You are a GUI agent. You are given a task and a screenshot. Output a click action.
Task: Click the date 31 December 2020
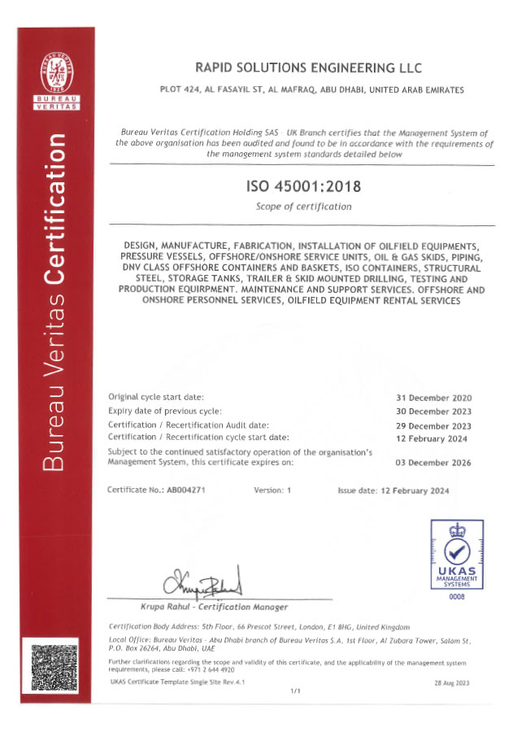pyautogui.click(x=433, y=398)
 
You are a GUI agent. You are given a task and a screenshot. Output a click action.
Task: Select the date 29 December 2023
pyautogui.click(x=433, y=425)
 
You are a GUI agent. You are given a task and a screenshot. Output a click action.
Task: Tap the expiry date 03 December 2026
pyautogui.click(x=433, y=462)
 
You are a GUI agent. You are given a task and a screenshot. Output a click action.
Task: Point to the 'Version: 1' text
pyautogui.click(x=272, y=491)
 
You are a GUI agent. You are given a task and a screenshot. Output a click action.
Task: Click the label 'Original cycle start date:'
pyautogui.click(x=156, y=397)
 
